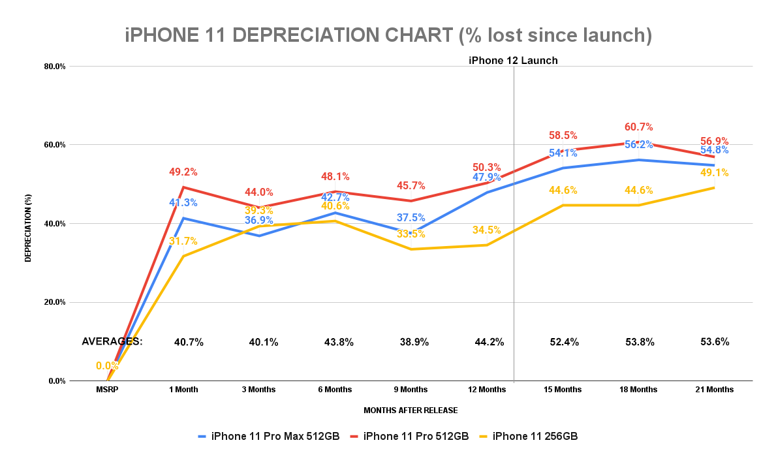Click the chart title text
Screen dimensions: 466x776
click(x=388, y=35)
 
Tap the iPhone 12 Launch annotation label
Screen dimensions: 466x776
click(x=513, y=61)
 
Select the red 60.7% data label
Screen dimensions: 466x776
click(x=638, y=127)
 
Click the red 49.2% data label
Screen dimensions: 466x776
click(x=183, y=172)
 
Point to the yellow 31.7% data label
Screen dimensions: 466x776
click(x=183, y=241)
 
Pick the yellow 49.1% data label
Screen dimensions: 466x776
click(x=714, y=173)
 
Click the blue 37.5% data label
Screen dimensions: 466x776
click(x=411, y=218)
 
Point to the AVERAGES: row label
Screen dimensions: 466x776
click(x=112, y=341)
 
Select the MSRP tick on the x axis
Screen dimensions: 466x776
click(x=107, y=390)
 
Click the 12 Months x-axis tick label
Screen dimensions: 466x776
click(x=488, y=390)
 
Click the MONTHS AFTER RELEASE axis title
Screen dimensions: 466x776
click(x=411, y=411)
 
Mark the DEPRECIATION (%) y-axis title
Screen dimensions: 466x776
click(x=28, y=223)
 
